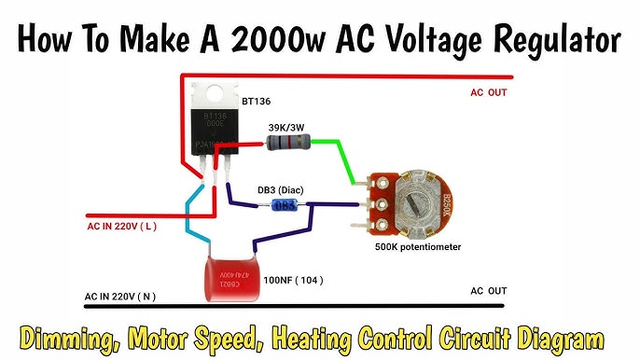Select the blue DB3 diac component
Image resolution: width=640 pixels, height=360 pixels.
click(x=285, y=205)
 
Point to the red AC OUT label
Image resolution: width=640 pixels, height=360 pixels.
click(x=488, y=92)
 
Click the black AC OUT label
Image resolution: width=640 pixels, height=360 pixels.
click(x=488, y=291)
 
